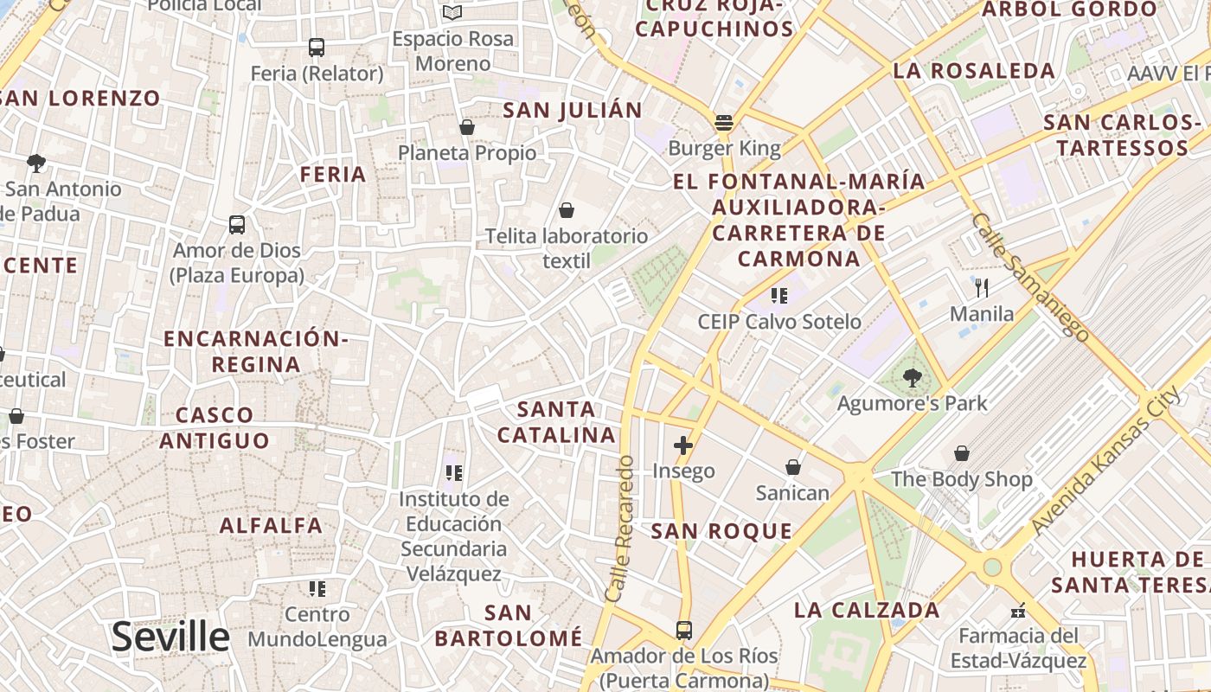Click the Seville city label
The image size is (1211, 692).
tap(170, 637)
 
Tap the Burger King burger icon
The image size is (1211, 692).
tap(724, 123)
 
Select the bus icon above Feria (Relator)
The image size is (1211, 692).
tap(317, 48)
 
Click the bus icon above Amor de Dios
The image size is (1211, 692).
tap(237, 225)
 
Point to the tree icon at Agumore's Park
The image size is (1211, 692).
tap(912, 377)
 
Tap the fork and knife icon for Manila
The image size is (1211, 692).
tap(981, 287)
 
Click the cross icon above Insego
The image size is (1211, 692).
tap(683, 445)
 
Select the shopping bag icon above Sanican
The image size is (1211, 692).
tap(792, 467)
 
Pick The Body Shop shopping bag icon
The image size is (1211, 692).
tap(961, 453)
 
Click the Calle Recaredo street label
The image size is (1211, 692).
tap(620, 529)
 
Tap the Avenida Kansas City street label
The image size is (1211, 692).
tap(1105, 462)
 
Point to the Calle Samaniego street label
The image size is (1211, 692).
tap(1029, 276)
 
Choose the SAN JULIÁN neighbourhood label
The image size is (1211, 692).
tap(573, 110)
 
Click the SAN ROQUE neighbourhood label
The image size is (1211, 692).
tap(721, 531)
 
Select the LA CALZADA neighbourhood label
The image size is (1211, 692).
tap(867, 610)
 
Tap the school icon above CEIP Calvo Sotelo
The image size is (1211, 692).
tap(779, 296)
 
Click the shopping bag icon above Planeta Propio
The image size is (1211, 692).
tap(467, 128)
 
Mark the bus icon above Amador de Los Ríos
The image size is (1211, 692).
tap(684, 630)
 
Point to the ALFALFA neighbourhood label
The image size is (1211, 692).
tap(271, 525)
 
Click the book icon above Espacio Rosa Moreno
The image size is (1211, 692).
tap(452, 12)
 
